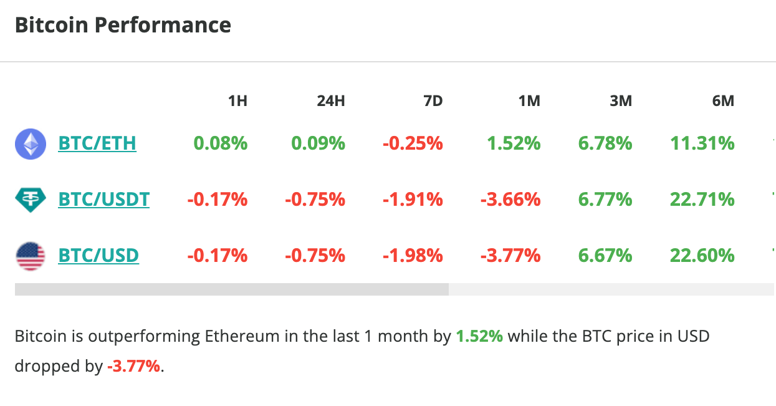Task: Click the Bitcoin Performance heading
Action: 123,26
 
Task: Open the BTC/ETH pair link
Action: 97,143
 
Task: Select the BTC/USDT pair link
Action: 103,200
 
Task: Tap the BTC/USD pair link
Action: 98,256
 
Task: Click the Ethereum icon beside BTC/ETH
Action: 31,144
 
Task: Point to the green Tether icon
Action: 31,200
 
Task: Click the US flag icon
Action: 31,256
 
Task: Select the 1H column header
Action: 237,100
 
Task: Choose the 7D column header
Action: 433,100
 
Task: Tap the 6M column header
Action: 723,100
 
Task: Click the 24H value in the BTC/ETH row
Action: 318,143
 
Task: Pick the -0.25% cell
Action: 413,143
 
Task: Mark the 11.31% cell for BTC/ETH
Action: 702,143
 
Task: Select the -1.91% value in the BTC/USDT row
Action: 413,200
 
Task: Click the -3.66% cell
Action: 510,200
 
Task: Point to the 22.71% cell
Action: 702,200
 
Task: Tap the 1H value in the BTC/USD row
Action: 218,256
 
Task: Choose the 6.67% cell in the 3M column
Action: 605,256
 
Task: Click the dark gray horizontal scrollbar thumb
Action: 231,289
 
